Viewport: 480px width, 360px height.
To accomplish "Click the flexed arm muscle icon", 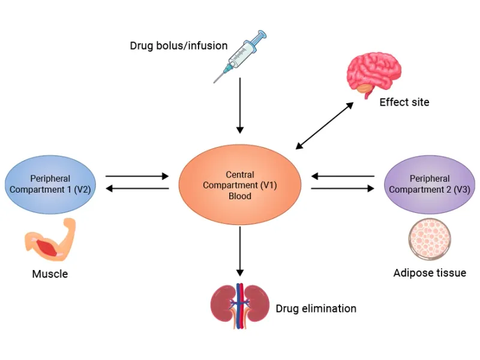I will coord(49,239).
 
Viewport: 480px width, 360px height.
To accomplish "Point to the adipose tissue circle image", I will coord(429,239).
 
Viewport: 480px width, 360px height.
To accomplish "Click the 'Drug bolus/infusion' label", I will coord(178,46).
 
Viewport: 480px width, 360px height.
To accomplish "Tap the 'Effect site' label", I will coord(404,103).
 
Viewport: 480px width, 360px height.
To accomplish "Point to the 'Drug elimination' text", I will coord(316,309).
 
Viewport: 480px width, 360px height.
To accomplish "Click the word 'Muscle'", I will coord(50,275).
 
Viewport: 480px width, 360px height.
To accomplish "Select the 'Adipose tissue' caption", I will coord(429,274).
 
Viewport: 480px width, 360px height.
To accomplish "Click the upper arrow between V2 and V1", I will coord(137,176).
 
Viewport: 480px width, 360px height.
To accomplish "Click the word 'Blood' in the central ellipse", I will coord(239,196).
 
